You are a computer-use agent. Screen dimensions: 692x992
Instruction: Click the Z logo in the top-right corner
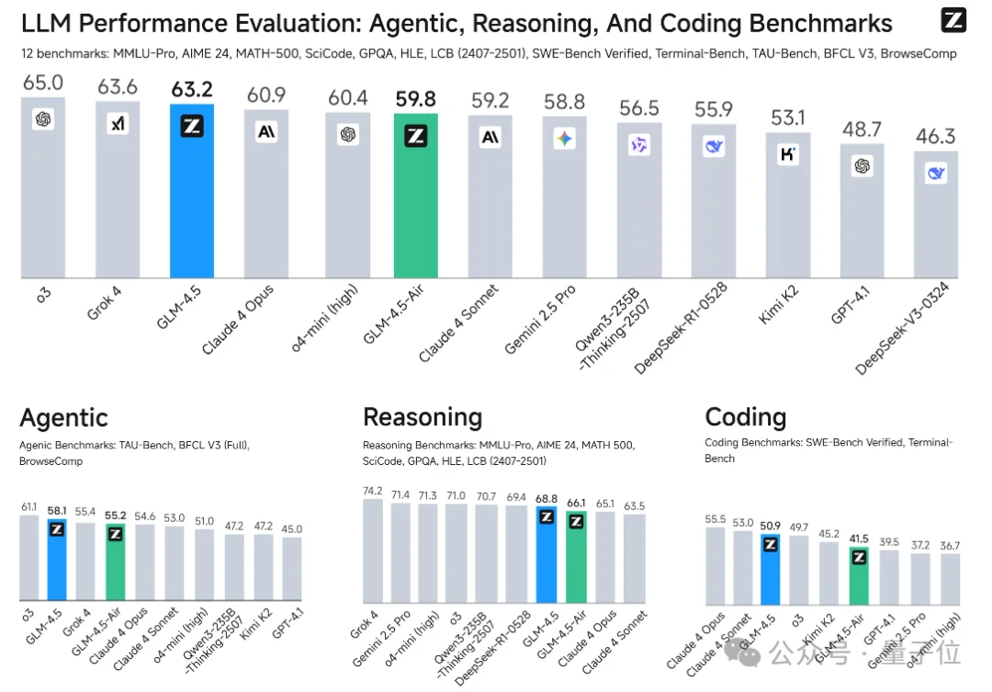(953, 20)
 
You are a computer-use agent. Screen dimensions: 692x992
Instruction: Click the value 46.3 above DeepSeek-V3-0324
(935, 137)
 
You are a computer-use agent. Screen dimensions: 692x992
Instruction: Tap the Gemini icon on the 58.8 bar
(565, 139)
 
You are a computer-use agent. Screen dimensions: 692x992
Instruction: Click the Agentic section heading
(63, 418)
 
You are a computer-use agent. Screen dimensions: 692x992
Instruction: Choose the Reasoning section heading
(423, 417)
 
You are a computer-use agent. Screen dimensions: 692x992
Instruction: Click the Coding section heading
(745, 417)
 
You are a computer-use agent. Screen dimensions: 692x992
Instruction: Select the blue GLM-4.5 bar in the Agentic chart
(57, 561)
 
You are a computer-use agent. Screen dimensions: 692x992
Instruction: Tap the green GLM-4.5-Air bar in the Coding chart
(859, 574)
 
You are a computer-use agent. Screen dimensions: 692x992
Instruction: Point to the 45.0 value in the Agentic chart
(292, 528)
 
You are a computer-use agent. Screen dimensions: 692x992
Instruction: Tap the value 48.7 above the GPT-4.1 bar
(862, 130)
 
